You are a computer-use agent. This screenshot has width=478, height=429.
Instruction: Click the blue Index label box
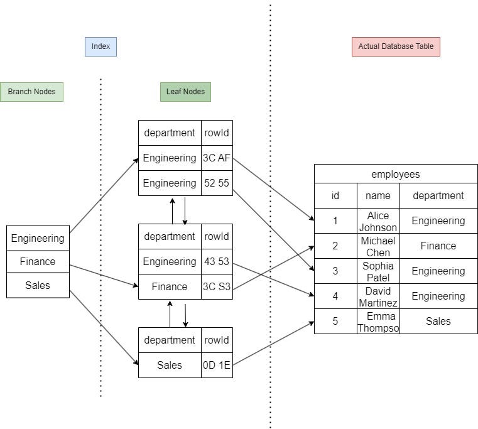click(100, 46)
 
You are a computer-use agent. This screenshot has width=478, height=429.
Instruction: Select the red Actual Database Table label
click(396, 46)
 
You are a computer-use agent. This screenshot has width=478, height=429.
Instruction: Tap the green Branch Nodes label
click(31, 92)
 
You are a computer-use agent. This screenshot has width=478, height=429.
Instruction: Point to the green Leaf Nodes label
click(185, 92)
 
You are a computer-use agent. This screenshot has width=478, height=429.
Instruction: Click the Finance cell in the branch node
click(38, 261)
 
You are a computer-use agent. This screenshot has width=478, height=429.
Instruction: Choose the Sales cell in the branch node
click(38, 285)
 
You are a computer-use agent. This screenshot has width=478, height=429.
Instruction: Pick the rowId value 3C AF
click(217, 158)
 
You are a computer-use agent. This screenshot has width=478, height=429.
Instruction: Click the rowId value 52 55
click(217, 183)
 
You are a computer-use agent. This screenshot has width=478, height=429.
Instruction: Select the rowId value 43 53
click(217, 262)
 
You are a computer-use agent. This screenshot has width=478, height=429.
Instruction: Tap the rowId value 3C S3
click(217, 287)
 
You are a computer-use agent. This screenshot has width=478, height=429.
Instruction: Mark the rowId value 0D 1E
click(217, 366)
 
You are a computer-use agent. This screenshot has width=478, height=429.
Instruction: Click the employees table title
click(396, 174)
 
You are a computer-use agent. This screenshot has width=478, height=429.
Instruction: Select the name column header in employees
click(378, 196)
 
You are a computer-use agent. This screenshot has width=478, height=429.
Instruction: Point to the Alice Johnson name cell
click(378, 221)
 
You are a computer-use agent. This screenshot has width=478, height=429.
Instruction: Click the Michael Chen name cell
click(378, 246)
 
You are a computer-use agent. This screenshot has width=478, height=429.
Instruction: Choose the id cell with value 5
click(335, 322)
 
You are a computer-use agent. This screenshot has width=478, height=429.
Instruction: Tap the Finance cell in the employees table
click(438, 246)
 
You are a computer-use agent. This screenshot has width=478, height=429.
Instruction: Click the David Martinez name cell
click(378, 296)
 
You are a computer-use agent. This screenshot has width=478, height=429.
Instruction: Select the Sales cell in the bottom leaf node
click(170, 366)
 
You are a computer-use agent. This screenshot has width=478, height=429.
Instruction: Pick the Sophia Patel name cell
click(378, 271)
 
